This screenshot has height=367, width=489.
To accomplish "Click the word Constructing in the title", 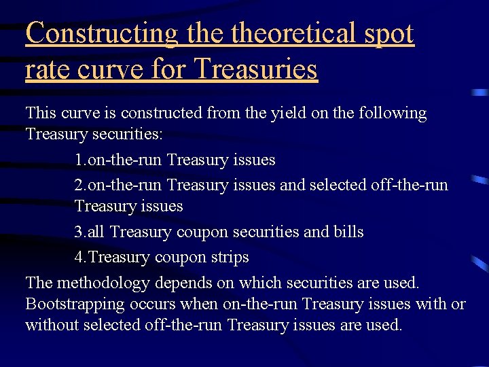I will coord(101,33).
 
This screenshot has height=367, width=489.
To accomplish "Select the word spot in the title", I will coord(388,33).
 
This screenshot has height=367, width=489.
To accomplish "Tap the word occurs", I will coord(152,304).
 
